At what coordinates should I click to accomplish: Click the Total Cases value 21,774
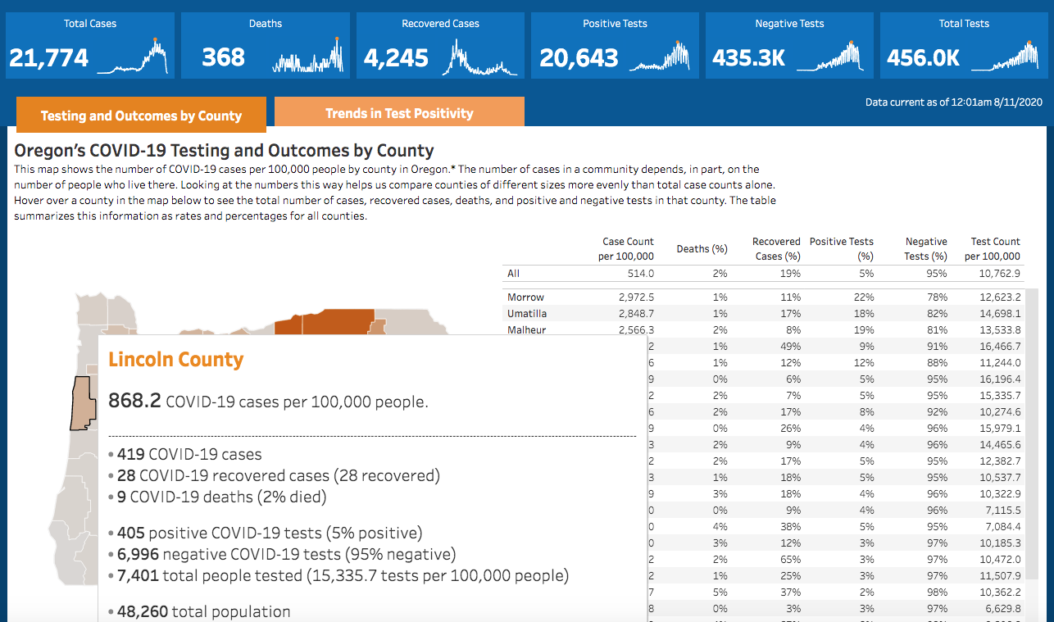[x=48, y=57]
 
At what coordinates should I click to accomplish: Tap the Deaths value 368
[x=223, y=57]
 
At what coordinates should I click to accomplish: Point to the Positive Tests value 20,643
[x=579, y=57]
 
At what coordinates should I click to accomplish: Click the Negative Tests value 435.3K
[x=748, y=57]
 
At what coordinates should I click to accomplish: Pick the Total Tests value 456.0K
[x=923, y=57]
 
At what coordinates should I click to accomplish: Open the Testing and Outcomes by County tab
[x=141, y=116]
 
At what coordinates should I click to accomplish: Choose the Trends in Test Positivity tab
[x=399, y=113]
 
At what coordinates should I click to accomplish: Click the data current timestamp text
[x=953, y=102]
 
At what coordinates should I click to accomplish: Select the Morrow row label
[x=525, y=297]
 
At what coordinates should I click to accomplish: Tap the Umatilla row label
[x=527, y=314]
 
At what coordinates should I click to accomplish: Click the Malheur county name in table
[x=526, y=330]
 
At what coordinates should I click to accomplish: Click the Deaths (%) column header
[x=702, y=249]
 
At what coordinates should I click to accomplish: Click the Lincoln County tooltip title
[x=175, y=360]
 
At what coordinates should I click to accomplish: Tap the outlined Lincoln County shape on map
[x=83, y=402]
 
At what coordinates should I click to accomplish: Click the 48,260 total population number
[x=144, y=611]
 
